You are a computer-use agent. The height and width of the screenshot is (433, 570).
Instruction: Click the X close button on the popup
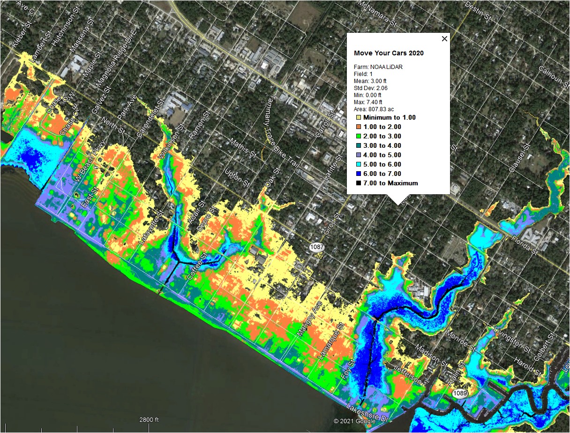point(445,39)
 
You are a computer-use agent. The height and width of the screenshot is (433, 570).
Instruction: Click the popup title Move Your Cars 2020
point(389,53)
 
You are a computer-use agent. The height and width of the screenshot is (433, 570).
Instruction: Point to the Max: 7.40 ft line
point(368,102)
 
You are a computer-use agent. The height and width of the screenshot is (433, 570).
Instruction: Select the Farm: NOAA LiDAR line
point(378,67)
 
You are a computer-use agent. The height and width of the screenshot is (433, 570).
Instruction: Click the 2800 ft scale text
point(149,419)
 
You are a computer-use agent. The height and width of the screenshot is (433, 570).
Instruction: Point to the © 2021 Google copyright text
point(354,421)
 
